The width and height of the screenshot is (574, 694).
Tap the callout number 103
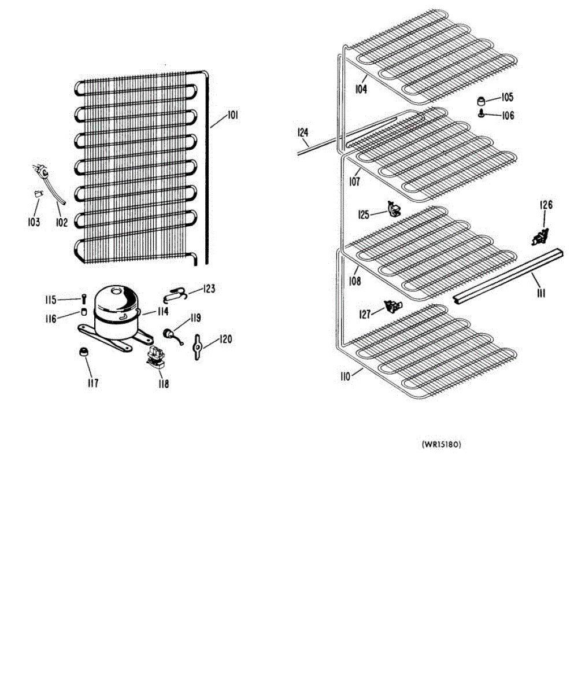[34, 222]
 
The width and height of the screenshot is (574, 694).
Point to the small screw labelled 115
[84, 299]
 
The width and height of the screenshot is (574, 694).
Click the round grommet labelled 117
[84, 352]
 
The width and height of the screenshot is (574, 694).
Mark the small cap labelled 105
[481, 100]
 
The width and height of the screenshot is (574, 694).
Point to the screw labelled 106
[481, 114]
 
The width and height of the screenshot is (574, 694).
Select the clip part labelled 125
[393, 209]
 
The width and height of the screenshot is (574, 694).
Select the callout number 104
[361, 90]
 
